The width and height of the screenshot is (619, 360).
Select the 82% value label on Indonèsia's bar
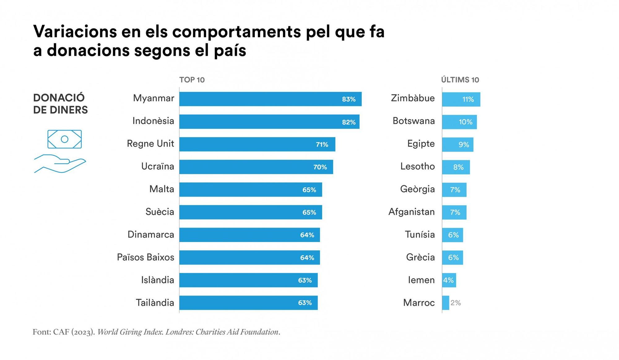click(348, 122)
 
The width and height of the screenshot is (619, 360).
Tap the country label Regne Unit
click(150, 144)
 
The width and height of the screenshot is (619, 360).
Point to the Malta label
click(162, 189)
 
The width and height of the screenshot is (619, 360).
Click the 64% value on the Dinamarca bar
click(307, 235)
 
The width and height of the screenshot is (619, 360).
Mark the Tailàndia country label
click(155, 303)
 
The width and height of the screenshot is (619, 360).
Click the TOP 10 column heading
click(192, 80)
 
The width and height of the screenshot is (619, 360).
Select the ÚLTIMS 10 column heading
click(460, 80)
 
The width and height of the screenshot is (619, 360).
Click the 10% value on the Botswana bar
click(465, 122)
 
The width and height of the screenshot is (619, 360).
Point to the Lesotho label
click(418, 167)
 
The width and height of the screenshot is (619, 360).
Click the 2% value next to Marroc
click(456, 303)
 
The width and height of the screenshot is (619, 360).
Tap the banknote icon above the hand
click(64, 139)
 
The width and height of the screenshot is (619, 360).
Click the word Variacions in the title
click(75, 32)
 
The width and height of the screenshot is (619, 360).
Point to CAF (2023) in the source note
click(73, 332)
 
